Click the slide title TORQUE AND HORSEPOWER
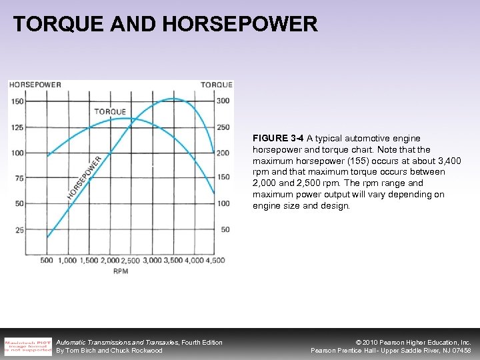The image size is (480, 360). tap(165, 25)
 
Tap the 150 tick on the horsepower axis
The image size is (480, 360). tap(17, 101)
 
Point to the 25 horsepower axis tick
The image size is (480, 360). tap(19, 230)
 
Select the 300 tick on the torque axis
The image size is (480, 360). tap(223, 101)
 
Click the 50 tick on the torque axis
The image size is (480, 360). tap(225, 230)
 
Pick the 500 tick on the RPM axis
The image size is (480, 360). tap(47, 261)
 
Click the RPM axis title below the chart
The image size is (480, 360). tap(121, 271)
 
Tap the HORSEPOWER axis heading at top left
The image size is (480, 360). tap(35, 85)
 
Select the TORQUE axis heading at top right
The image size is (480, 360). tap(217, 85)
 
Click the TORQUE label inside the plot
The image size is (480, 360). tap(110, 111)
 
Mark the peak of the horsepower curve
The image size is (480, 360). tap(173, 99)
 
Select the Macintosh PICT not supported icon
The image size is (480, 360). tap(28, 345)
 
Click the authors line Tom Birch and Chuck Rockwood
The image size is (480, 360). tap(109, 351)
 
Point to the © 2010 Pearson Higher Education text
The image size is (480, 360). tap(413, 342)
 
